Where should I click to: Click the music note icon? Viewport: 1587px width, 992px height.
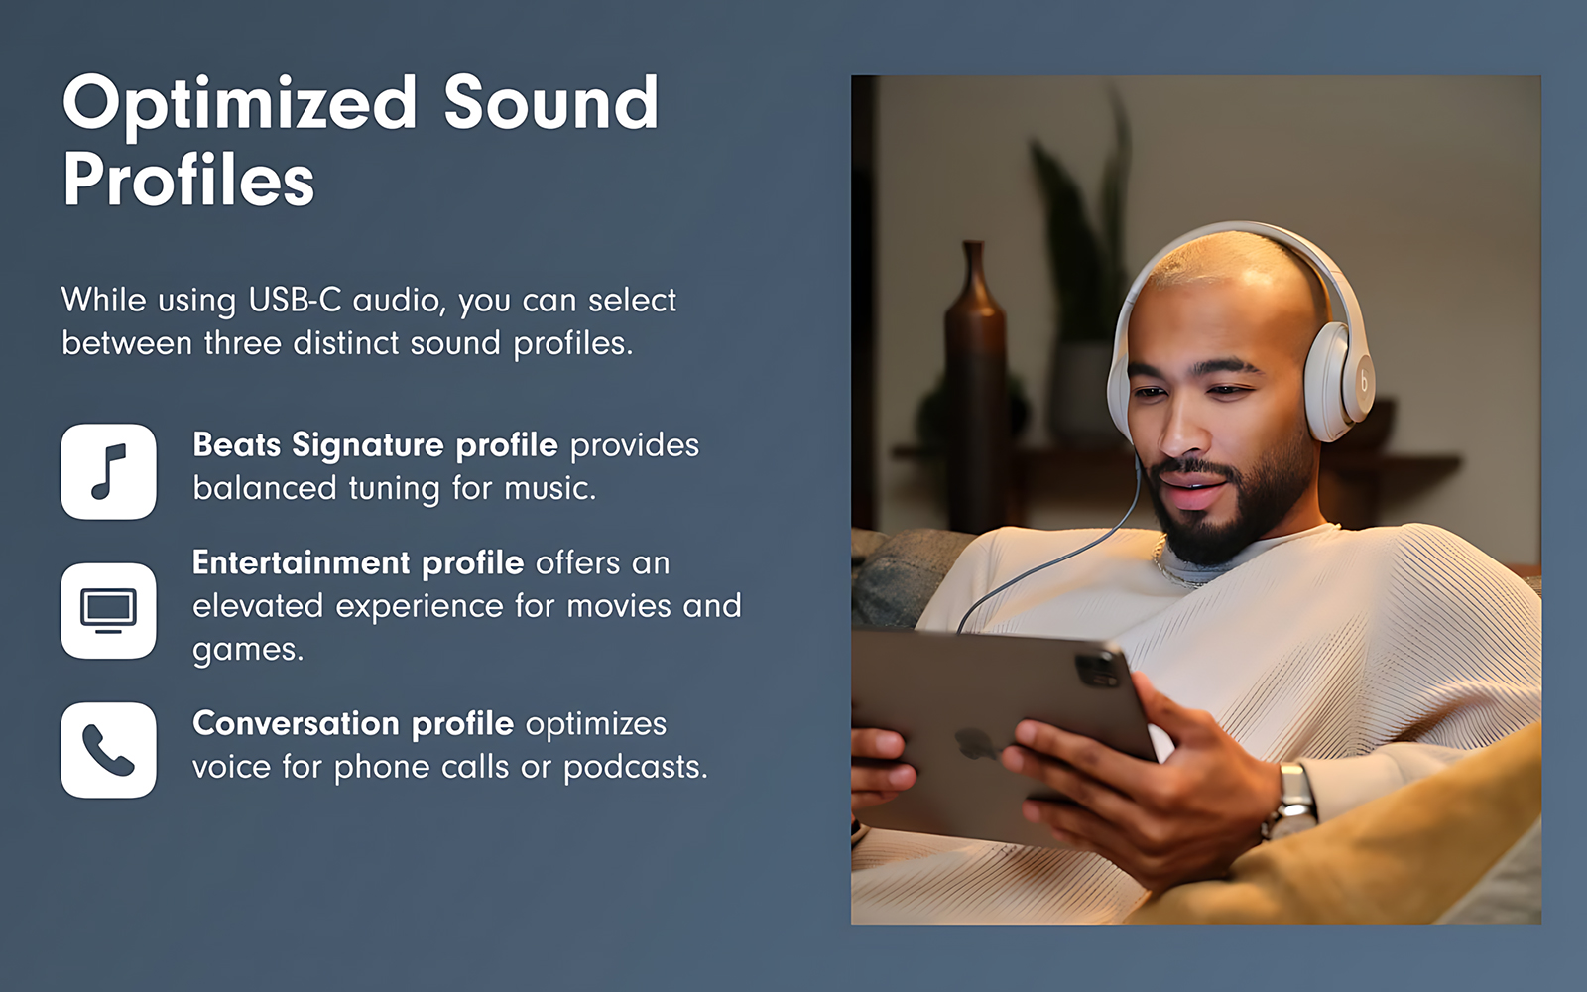click(108, 471)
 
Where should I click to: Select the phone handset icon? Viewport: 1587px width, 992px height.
click(108, 750)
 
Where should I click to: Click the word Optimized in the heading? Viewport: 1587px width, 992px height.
click(239, 105)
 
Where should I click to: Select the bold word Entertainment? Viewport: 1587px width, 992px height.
click(302, 562)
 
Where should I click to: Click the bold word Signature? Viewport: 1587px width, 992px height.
click(368, 446)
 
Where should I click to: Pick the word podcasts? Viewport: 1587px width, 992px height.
click(636, 768)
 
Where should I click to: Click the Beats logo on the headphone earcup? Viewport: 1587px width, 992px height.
click(1364, 383)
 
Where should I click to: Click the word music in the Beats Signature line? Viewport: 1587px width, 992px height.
click(549, 488)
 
